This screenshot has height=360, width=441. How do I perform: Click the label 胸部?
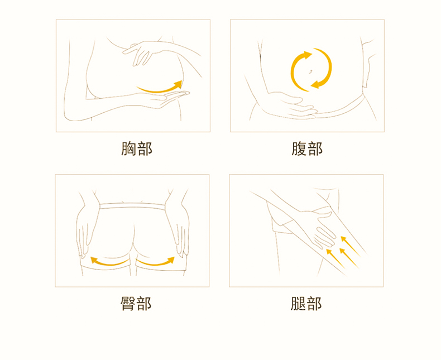coord(136,149)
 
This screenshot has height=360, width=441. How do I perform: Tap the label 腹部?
coord(307,149)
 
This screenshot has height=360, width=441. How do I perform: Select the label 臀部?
coord(136,304)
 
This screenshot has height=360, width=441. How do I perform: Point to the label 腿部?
coord(306,304)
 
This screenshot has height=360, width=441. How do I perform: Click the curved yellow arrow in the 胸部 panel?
coord(160,88)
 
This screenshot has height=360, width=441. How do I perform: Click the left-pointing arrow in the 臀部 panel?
coord(109,261)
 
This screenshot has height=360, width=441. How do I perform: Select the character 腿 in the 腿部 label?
coord(299,304)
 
